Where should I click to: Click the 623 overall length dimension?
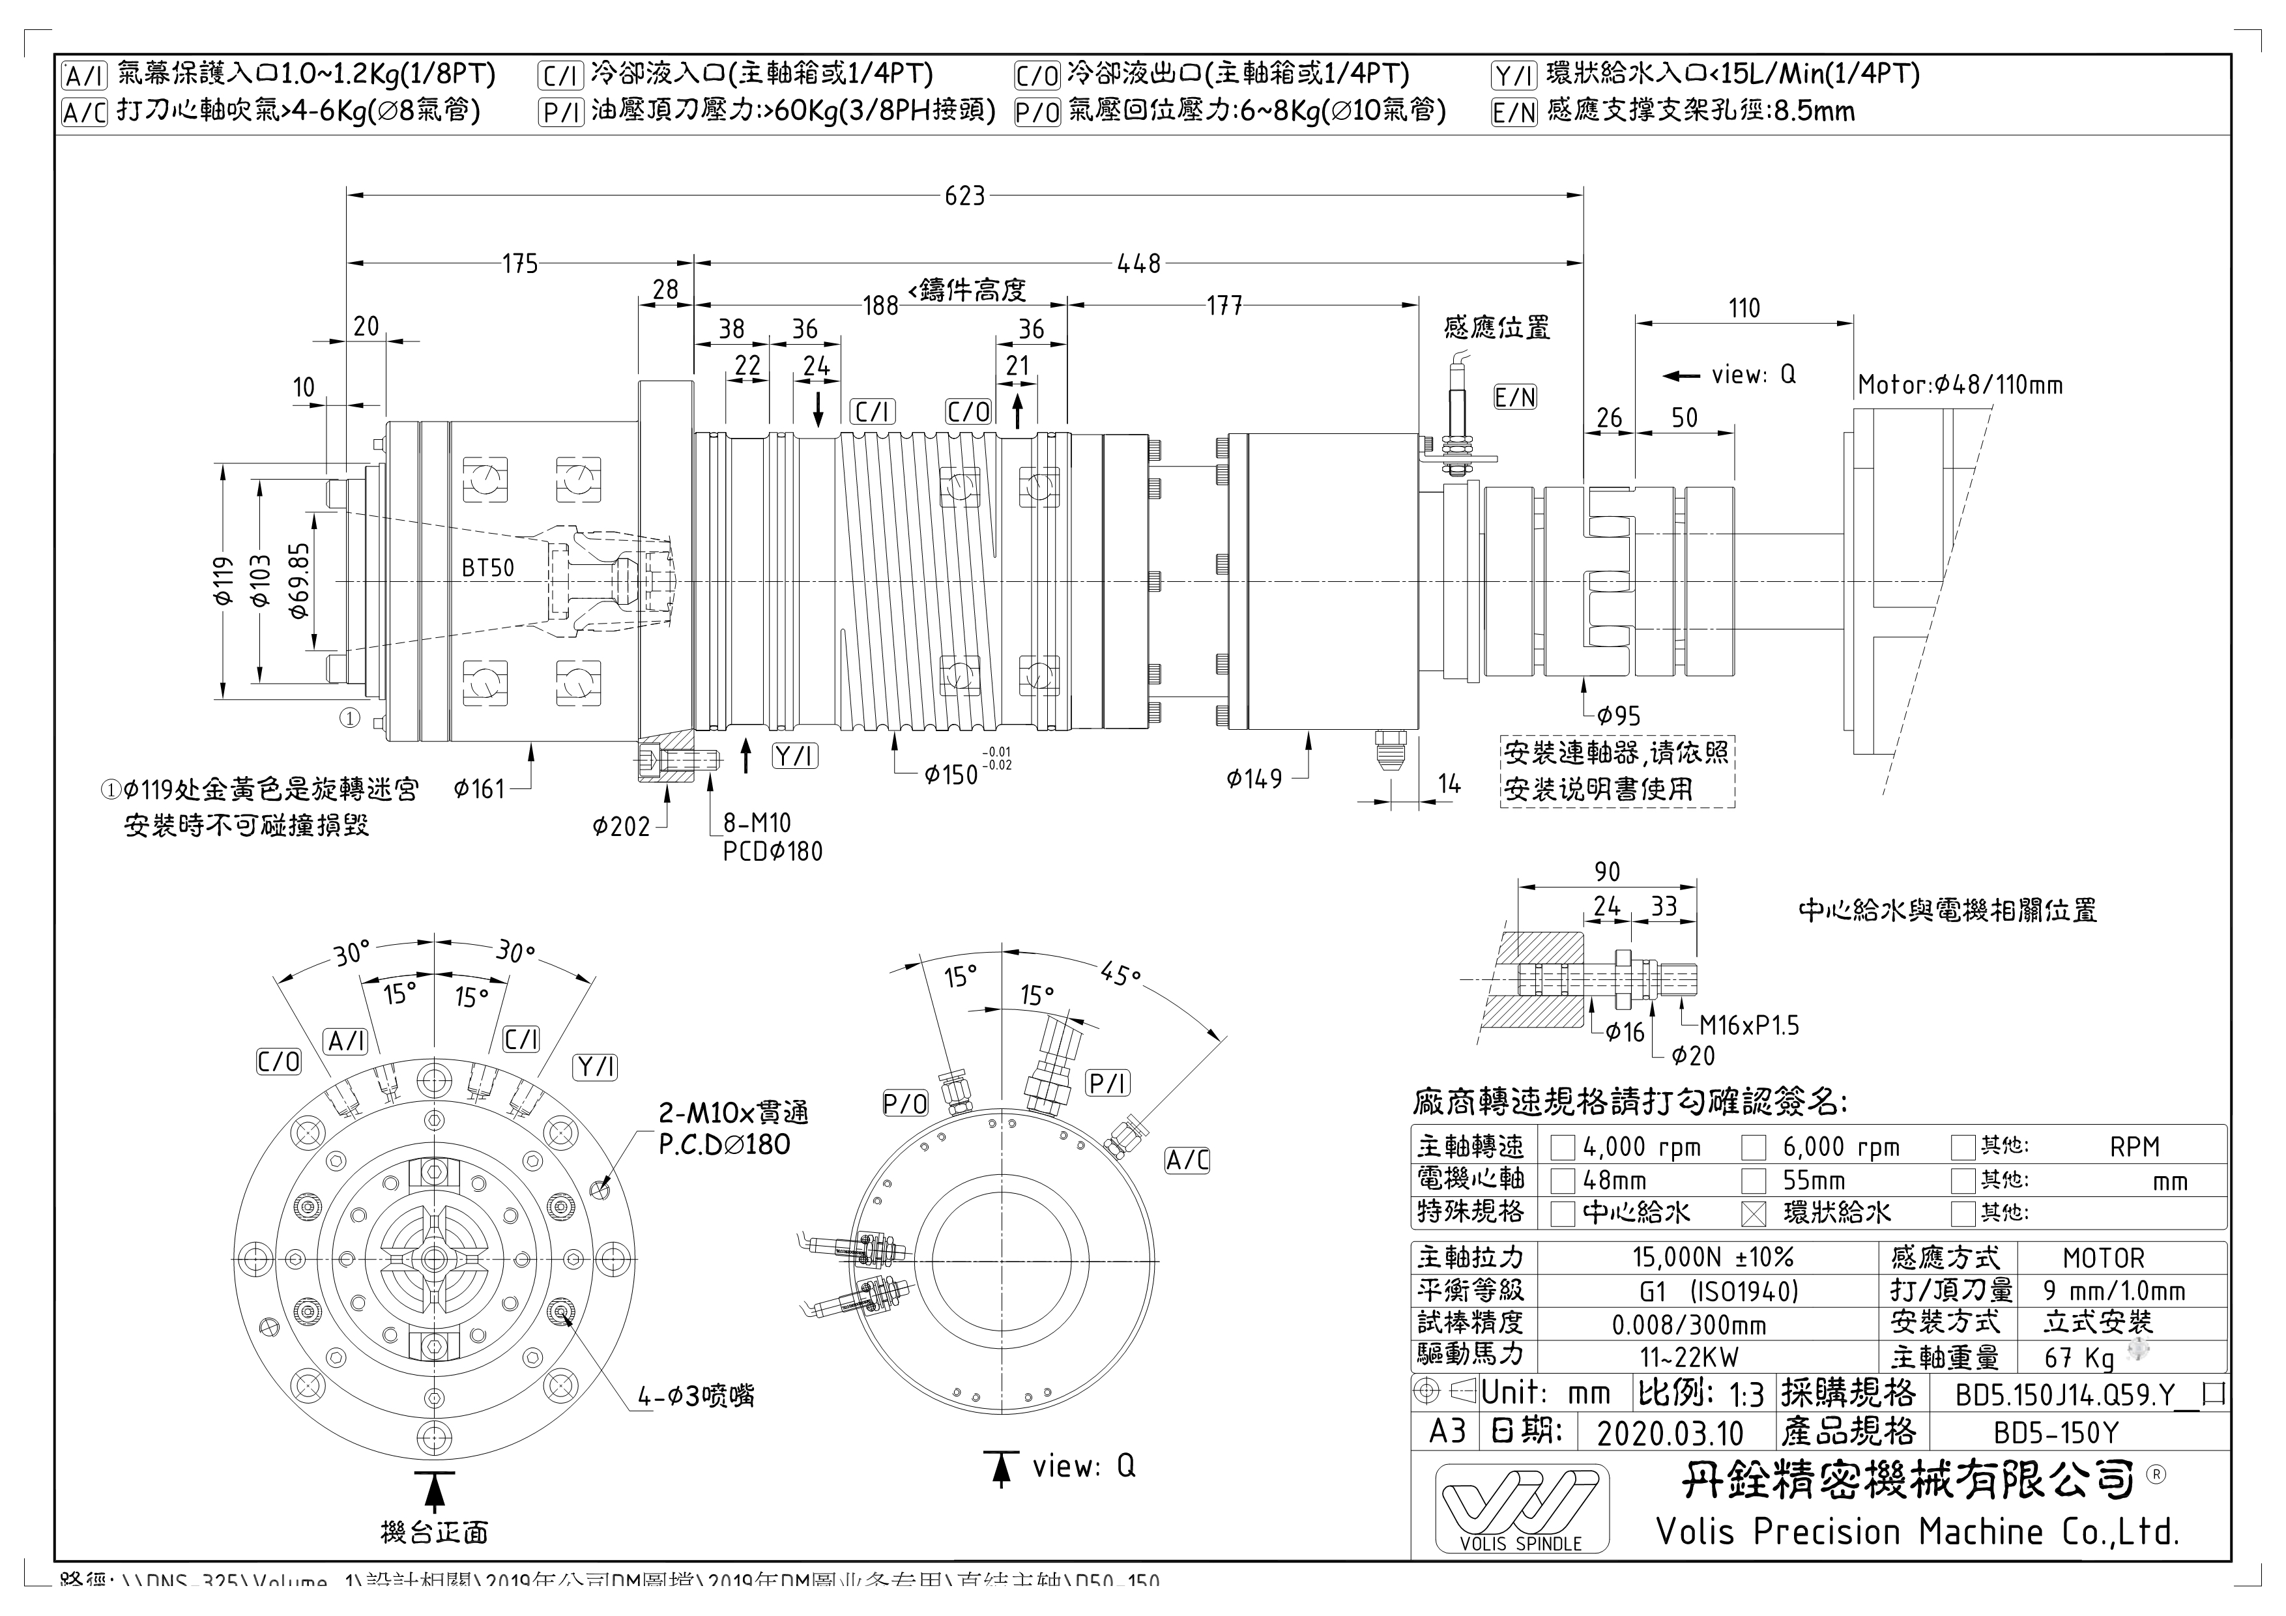[x=964, y=196]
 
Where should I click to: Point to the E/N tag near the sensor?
[x=1515, y=398]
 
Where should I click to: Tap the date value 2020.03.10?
[x=1670, y=1434]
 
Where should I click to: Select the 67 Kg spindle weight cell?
[x=2078, y=1358]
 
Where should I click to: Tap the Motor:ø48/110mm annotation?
[x=1960, y=385]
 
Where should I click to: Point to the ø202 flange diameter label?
[x=620, y=826]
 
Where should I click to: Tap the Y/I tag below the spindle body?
[x=794, y=757]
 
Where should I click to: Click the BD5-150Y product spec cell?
[x=2055, y=1434]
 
